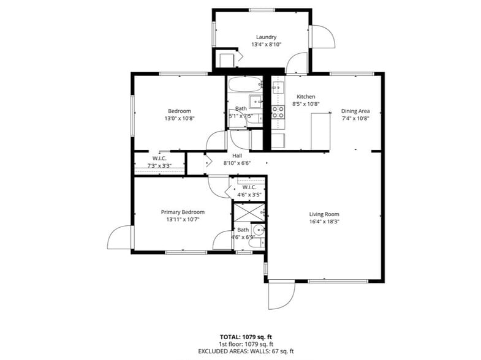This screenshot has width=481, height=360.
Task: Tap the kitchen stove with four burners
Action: pos(278,112)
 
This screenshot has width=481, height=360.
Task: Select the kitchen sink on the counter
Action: pos(278,87)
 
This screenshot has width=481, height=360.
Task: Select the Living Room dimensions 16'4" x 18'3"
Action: pos(324,222)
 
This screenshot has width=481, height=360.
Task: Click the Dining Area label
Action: pos(355,111)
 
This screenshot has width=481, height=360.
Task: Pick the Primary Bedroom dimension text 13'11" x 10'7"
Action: pos(183,219)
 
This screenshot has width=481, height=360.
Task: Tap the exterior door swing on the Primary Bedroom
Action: pos(119,238)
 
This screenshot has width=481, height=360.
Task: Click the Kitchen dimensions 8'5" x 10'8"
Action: pos(306,104)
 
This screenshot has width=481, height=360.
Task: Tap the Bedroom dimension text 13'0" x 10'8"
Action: pos(180,118)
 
